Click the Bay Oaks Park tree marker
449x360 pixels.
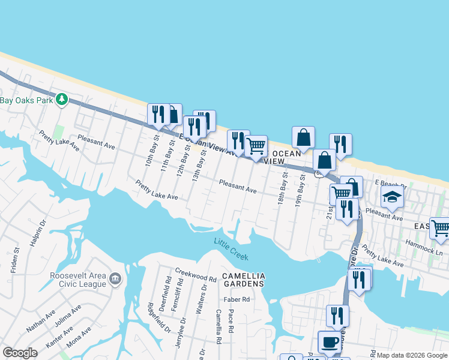pyautogui.click(x=61, y=99)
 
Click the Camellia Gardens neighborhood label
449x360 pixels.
pyautogui.click(x=243, y=280)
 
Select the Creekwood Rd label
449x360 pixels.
pyautogui.click(x=195, y=276)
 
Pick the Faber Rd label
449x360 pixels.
pyautogui.click(x=237, y=299)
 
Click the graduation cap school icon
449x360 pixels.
pyautogui.click(x=392, y=197)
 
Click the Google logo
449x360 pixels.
pyautogui.click(x=20, y=353)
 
